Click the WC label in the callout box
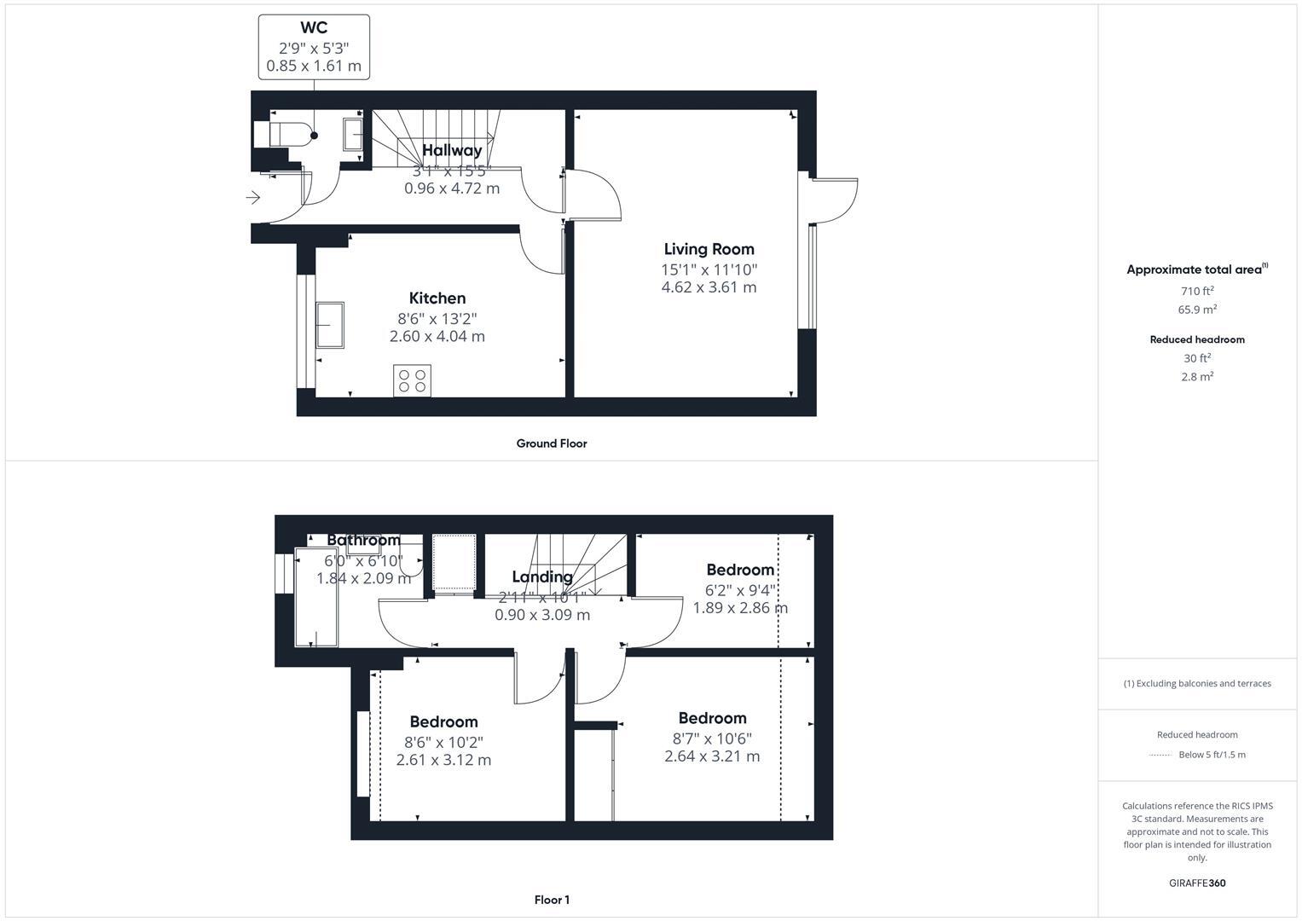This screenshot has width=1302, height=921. click(x=314, y=28)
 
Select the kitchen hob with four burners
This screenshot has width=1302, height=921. click(x=412, y=380)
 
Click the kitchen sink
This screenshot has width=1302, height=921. click(x=330, y=325)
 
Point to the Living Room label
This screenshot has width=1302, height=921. click(x=709, y=249)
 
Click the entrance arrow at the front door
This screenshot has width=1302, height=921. click(x=253, y=198)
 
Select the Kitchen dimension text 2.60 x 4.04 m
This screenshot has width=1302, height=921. click(x=437, y=337)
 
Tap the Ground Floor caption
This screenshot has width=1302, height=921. click(x=551, y=443)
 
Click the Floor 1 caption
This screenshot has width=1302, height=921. click(x=551, y=900)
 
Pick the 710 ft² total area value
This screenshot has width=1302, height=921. click(x=1196, y=291)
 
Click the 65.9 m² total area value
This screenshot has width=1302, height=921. click(x=1196, y=310)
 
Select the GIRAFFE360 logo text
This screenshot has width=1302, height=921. click(x=1196, y=883)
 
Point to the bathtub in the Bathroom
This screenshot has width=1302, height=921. click(x=315, y=597)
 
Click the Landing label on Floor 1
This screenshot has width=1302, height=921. click(x=541, y=576)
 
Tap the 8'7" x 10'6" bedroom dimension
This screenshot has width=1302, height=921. click(x=711, y=739)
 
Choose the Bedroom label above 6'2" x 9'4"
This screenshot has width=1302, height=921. click(x=739, y=570)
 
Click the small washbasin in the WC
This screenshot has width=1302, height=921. click(x=353, y=135)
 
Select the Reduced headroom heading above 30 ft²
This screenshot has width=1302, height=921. click(x=1196, y=339)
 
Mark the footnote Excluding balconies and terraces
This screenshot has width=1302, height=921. click(x=1196, y=683)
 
